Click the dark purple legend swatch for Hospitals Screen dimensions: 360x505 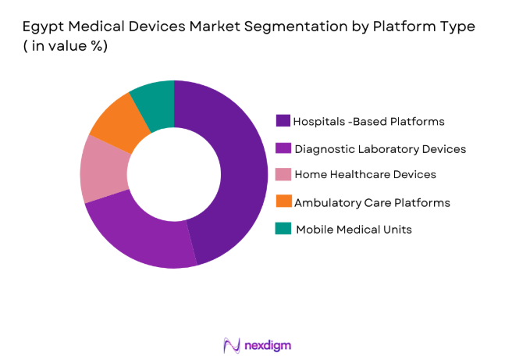click(x=283, y=121)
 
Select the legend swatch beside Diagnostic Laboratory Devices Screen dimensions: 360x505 click(x=283, y=148)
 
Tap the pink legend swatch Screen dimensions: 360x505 click(x=283, y=175)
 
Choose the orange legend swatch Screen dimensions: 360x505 click(x=283, y=202)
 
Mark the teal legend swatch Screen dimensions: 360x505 click(x=283, y=229)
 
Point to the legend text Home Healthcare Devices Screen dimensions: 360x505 click(x=365, y=175)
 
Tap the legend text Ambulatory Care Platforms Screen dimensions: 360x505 click(x=372, y=202)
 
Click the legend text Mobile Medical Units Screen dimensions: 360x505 click(x=354, y=230)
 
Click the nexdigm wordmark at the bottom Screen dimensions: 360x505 click(x=267, y=344)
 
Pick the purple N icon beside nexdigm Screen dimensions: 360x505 click(x=231, y=344)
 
